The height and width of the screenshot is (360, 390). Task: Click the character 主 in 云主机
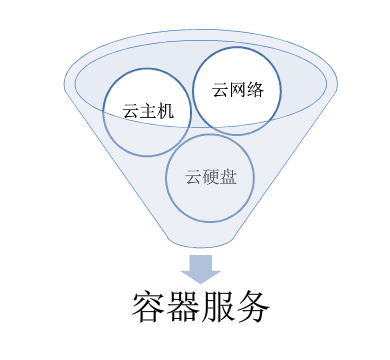[149, 113]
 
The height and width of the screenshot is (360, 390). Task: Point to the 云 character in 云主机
[132, 113]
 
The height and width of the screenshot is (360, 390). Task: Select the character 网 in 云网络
[237, 88]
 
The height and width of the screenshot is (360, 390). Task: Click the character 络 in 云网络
[254, 88]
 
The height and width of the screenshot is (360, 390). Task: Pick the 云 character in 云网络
[220, 88]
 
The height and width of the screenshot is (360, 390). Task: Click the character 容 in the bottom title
[149, 307]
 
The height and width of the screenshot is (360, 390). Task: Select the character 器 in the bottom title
[184, 307]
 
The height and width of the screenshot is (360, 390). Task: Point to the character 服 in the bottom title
[219, 307]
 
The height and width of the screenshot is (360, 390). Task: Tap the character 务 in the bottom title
[254, 307]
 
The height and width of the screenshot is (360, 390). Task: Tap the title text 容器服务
[201, 307]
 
